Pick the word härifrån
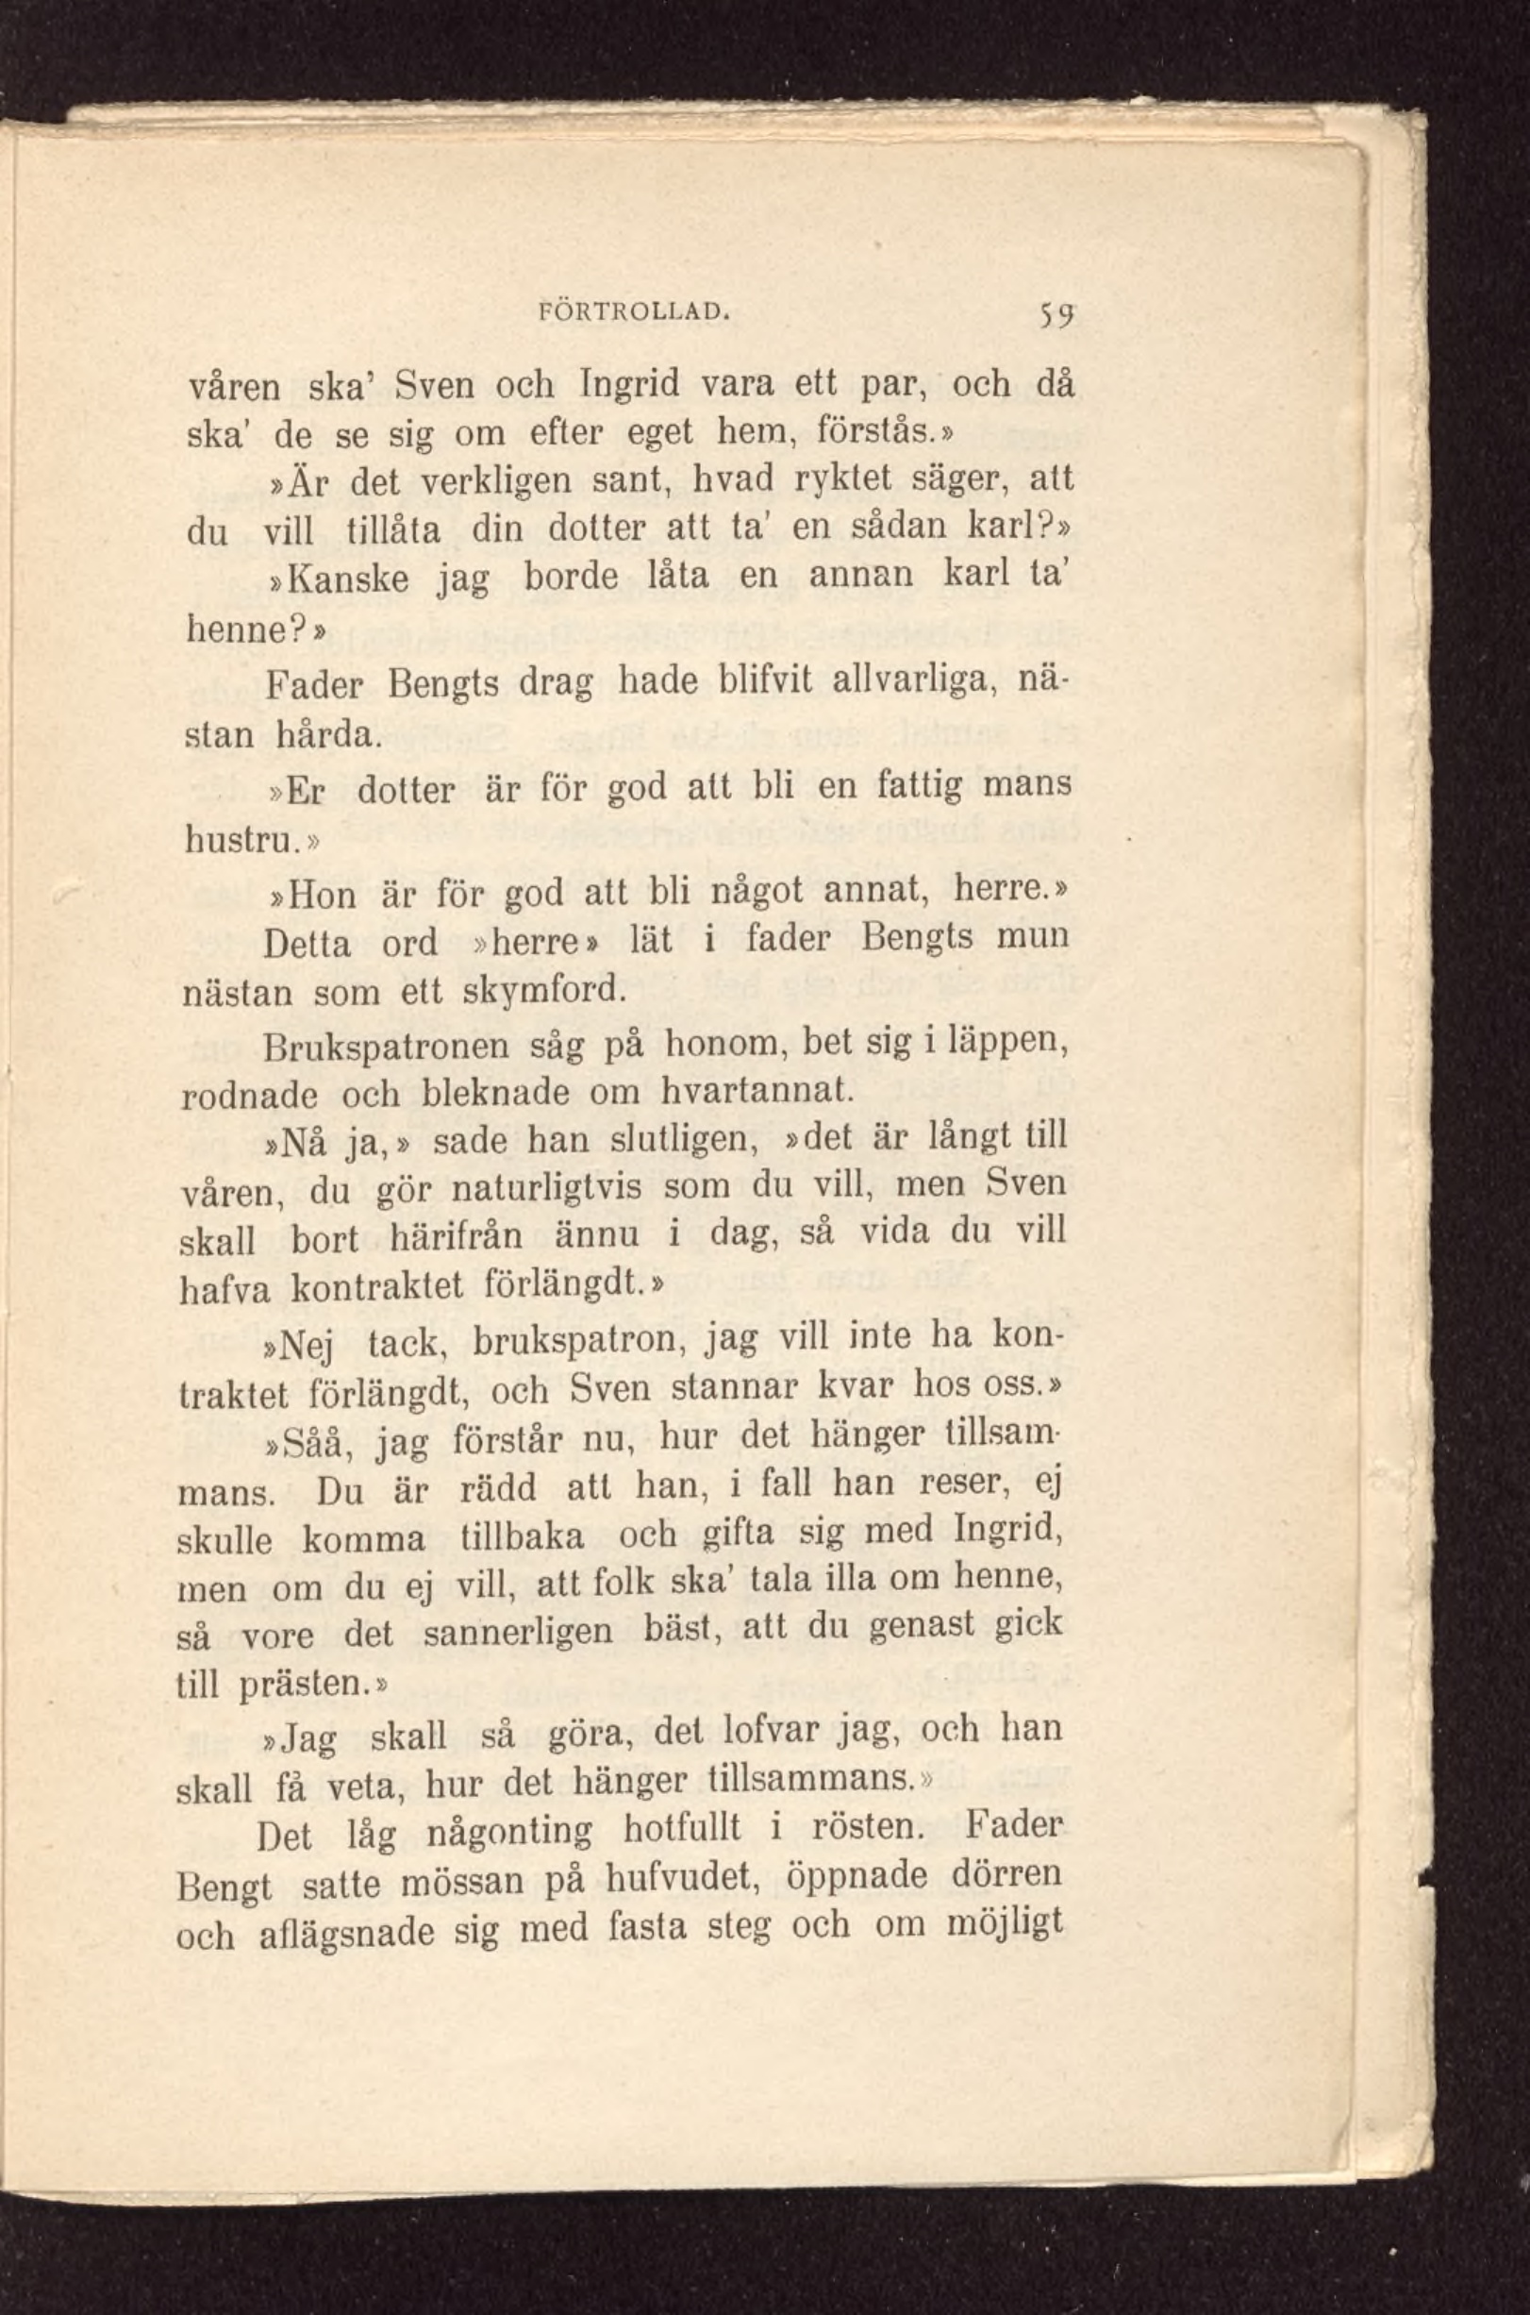(x=457, y=1237)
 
